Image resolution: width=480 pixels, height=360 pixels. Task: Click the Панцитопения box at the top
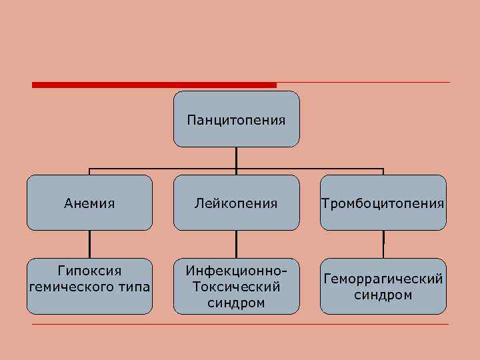tap(236, 119)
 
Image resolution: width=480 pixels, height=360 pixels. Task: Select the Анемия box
tap(89, 203)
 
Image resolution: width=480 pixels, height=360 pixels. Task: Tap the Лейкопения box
tap(236, 203)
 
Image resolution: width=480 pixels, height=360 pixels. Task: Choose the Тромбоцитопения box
tap(383, 203)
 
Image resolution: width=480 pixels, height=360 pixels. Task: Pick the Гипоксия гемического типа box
tap(89, 286)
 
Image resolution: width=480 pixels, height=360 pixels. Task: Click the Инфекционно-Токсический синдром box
tap(236, 286)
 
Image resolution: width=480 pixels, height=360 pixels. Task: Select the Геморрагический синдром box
tap(383, 286)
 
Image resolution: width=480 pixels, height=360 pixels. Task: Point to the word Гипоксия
tap(89, 271)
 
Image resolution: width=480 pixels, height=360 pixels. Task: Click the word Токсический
tap(236, 287)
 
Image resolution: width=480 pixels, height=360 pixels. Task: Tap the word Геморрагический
tap(383, 279)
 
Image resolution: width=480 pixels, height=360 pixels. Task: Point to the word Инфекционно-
tap(236, 271)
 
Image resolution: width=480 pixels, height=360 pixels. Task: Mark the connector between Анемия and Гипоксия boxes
tap(89, 244)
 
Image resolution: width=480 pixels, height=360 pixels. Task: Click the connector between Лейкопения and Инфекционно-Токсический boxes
tap(236, 244)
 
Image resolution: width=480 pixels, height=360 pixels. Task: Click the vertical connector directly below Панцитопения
tap(236, 157)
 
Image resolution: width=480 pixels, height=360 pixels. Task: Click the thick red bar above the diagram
tap(153, 85)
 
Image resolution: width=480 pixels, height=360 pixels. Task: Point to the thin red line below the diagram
tap(240, 324)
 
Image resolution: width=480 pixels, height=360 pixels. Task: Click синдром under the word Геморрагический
tap(383, 295)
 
